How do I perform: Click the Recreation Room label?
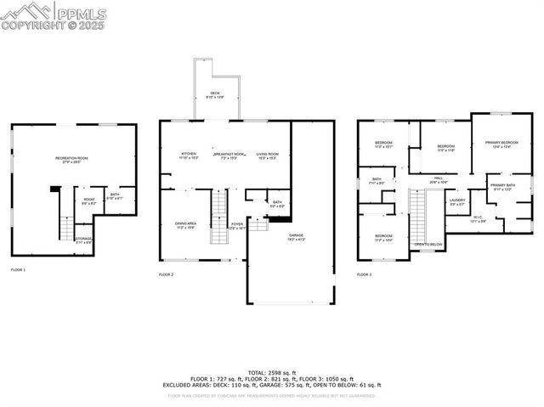(71, 160)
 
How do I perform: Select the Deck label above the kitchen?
(214, 95)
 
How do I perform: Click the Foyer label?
(237, 225)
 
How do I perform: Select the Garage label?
(296, 236)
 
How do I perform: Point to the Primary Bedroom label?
(501, 144)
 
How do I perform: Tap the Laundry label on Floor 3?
(456, 201)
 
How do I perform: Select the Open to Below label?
(428, 245)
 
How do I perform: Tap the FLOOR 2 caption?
(166, 274)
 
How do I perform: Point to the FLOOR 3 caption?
(364, 274)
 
